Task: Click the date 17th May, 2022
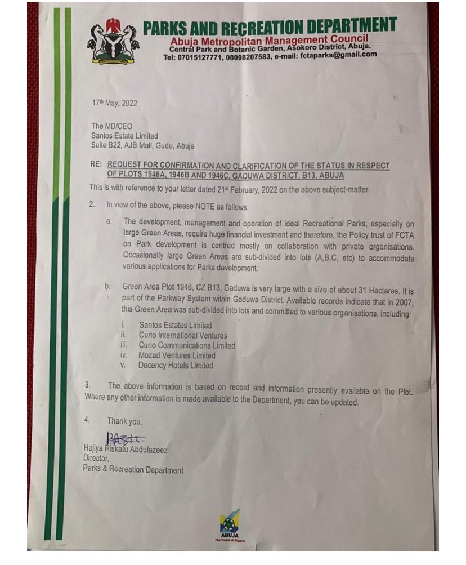114,104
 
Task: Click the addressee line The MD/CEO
111,126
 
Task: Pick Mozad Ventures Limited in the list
177,355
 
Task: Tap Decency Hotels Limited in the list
176,366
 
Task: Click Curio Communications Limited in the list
187,345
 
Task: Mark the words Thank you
124,421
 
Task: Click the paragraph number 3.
87,385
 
